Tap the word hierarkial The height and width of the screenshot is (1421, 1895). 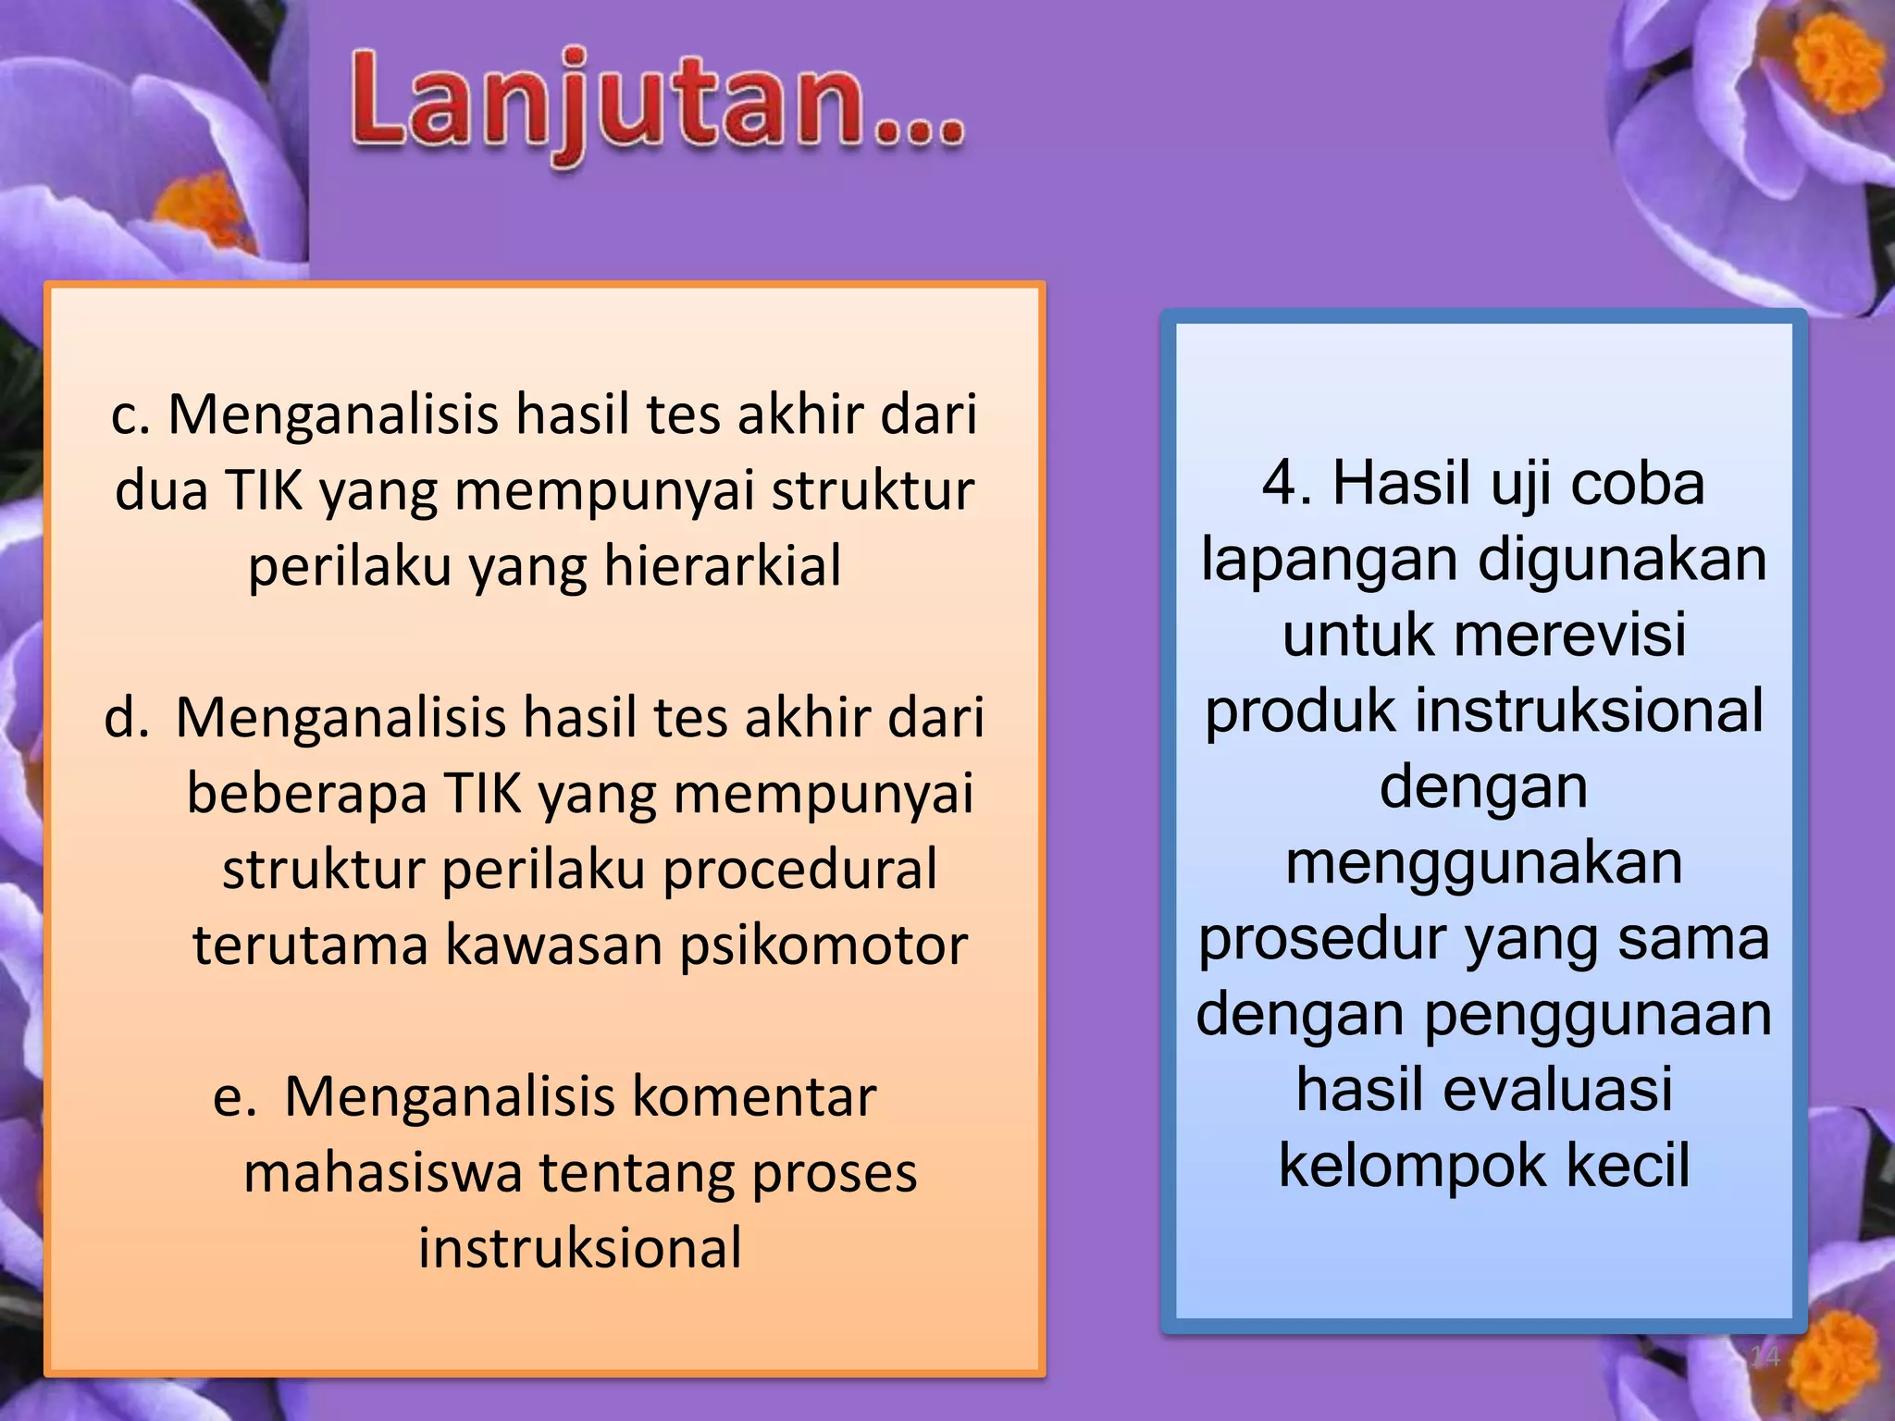(723, 565)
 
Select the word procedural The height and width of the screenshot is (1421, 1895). (800, 869)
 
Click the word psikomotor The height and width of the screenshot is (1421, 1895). (824, 945)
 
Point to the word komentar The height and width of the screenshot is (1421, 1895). (753, 1096)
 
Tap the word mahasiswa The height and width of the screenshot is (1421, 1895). (383, 1172)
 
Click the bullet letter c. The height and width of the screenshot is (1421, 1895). (130, 415)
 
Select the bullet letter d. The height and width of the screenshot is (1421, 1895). (125, 718)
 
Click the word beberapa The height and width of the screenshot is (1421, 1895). (305, 794)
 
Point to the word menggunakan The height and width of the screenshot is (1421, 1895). (1483, 862)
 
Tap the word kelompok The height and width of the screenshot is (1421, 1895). (1412, 1165)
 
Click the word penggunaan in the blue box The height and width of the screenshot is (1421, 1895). (1598, 1014)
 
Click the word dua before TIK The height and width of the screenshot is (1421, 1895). (161, 490)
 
